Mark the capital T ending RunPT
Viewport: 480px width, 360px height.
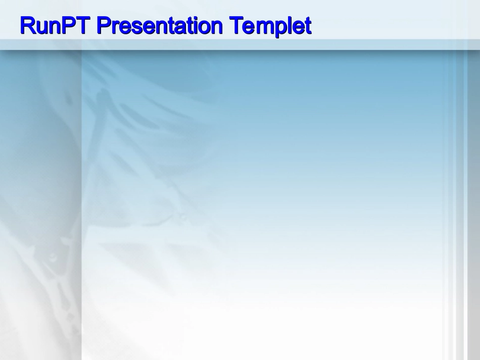pyautogui.click(x=83, y=25)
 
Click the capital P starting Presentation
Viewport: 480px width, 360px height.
pyautogui.click(x=104, y=25)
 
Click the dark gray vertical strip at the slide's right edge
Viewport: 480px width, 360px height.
pyautogui.click(x=473, y=205)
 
